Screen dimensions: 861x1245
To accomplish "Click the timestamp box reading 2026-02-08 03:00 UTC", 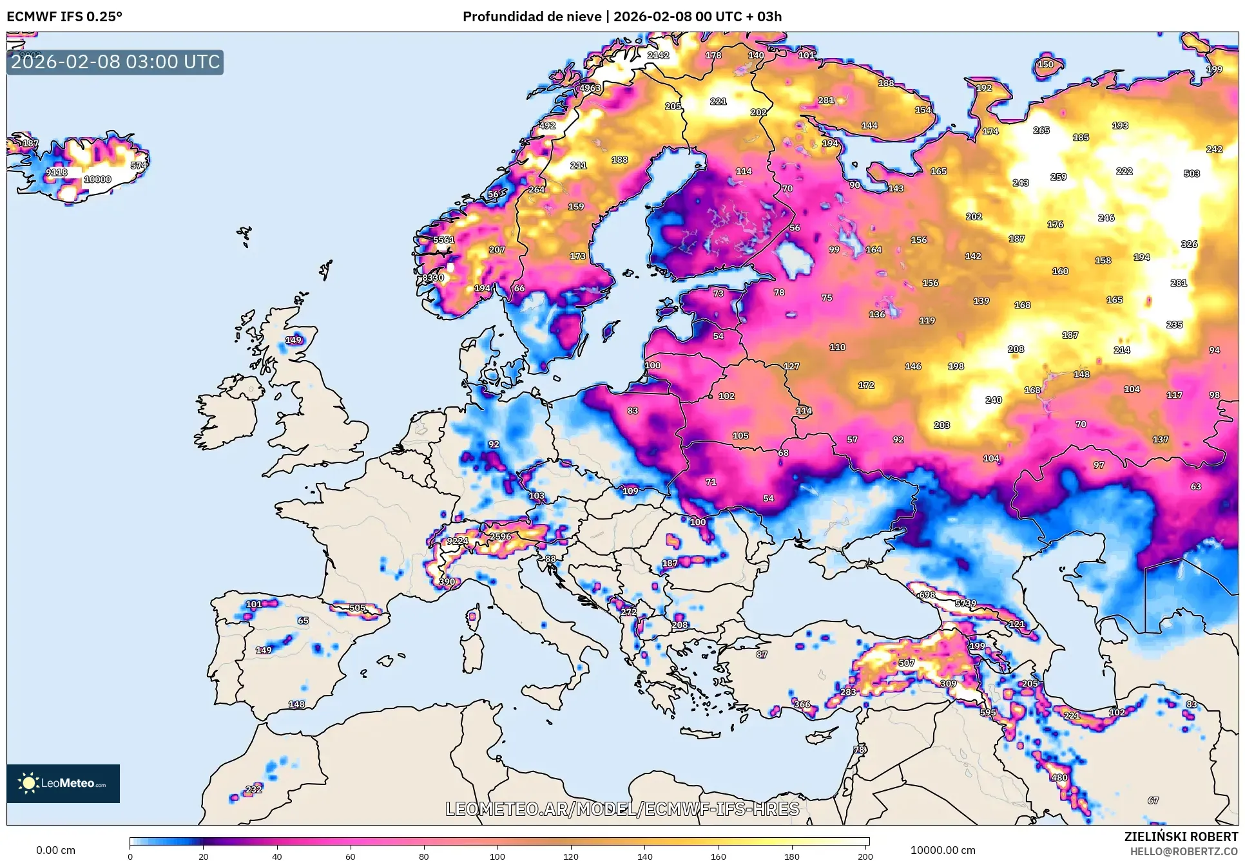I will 115,62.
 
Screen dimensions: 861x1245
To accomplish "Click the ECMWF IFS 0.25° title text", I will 64,16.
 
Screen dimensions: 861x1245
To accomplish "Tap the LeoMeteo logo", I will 63,783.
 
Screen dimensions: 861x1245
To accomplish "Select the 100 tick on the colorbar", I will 497,856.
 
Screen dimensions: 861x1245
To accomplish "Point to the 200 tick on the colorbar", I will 865,856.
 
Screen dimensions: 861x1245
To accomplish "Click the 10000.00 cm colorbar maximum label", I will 942,850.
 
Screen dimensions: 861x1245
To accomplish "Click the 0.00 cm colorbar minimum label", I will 55,850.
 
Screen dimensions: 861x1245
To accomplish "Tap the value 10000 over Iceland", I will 98,180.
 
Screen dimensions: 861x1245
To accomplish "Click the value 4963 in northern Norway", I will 590,88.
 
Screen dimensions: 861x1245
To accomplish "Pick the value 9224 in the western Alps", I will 458,541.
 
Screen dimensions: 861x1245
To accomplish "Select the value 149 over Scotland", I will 293,340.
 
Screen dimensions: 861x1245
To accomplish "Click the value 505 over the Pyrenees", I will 357,608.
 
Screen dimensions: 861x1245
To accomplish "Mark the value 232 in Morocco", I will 254,789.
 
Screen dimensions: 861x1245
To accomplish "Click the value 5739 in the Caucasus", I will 965,603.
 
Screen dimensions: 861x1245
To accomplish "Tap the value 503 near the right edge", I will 1192,173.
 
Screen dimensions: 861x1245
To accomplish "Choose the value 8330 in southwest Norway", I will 433,278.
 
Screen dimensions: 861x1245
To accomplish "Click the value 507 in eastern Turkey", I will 907,663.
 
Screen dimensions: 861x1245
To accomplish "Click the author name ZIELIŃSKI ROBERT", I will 1181,837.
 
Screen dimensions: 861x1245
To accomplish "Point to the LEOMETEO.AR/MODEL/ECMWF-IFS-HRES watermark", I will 622,809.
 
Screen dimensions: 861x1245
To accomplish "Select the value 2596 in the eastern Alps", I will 500,536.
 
